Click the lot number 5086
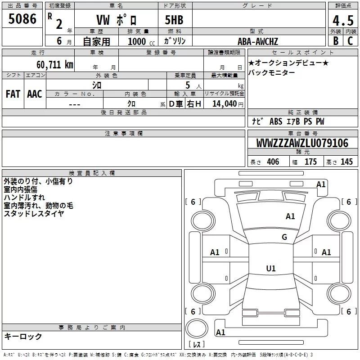click(22, 19)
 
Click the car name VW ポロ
click(117, 20)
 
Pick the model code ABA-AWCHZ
click(258, 41)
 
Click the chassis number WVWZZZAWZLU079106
click(302, 144)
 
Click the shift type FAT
click(13, 94)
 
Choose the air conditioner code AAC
click(35, 94)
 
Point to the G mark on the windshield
click(284, 237)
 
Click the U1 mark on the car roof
click(270, 268)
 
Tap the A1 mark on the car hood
click(290, 216)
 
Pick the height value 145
click(346, 162)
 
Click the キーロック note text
click(23, 336)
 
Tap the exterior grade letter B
click(335, 41)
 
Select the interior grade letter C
click(350, 41)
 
